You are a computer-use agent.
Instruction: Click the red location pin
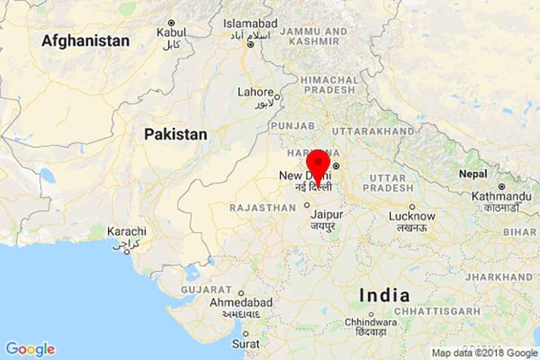click(x=318, y=162)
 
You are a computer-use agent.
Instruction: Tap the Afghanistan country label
click(x=86, y=41)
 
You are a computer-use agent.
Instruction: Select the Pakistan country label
click(x=175, y=134)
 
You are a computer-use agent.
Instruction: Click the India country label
click(x=384, y=295)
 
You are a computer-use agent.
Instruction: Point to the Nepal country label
click(x=472, y=174)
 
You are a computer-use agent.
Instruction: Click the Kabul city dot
click(x=172, y=22)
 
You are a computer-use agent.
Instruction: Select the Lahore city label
click(x=255, y=92)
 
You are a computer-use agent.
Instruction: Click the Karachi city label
click(x=127, y=231)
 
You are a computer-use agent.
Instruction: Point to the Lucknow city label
click(x=412, y=216)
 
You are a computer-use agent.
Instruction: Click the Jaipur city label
click(x=326, y=215)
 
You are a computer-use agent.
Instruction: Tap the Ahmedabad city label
click(x=241, y=303)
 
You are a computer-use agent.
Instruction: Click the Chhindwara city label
click(x=371, y=322)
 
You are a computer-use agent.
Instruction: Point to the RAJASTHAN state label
click(x=263, y=208)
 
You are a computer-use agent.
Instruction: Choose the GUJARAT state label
click(x=206, y=290)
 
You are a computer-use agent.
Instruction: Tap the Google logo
click(x=30, y=349)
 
